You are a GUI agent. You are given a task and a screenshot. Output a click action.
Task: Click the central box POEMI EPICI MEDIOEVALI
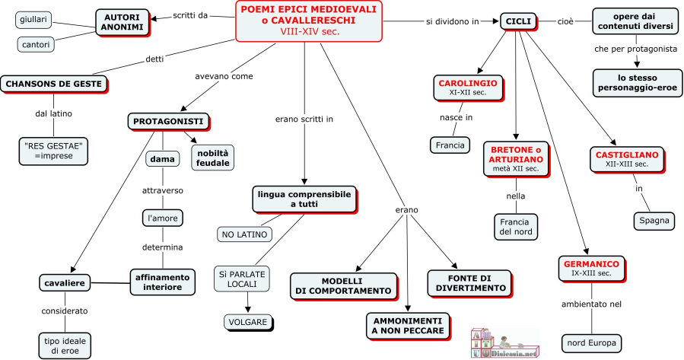310,21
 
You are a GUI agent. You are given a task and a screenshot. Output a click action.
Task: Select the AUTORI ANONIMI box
121,21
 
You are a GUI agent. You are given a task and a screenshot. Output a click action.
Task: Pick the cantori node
36,45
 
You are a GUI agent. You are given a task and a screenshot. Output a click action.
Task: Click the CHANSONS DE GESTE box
52,84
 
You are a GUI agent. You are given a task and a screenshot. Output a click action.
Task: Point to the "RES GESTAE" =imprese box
52,148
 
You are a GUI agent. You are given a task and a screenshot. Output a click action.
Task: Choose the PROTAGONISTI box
167,121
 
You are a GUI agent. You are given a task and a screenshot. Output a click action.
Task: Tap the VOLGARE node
248,322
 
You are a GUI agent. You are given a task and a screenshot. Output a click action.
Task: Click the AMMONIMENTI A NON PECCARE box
407,325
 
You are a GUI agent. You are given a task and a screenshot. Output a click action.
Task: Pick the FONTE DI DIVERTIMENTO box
466,282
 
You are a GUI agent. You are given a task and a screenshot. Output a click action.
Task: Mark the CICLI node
518,21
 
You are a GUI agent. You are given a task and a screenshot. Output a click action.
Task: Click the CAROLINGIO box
467,87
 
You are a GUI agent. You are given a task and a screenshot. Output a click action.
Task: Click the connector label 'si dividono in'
452,21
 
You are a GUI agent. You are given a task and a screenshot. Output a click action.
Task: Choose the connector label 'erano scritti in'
304,119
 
